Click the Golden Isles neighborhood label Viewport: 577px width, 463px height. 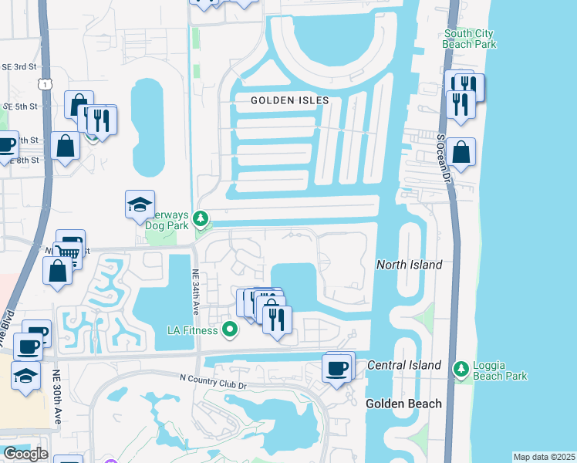tap(289, 101)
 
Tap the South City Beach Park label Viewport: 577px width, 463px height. tap(469, 39)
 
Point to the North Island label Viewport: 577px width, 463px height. tap(409, 265)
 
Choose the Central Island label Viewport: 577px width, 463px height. tap(404, 365)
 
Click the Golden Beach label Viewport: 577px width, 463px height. tap(403, 404)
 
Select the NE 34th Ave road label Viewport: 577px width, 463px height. tap(196, 290)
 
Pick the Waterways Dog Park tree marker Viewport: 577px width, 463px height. tap(201, 220)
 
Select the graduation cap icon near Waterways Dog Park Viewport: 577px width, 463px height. tap(140, 204)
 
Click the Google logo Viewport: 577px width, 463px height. tap(25, 454)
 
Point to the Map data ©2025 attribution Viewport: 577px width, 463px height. tap(544, 457)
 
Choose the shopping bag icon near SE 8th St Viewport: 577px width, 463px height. tap(66, 144)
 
